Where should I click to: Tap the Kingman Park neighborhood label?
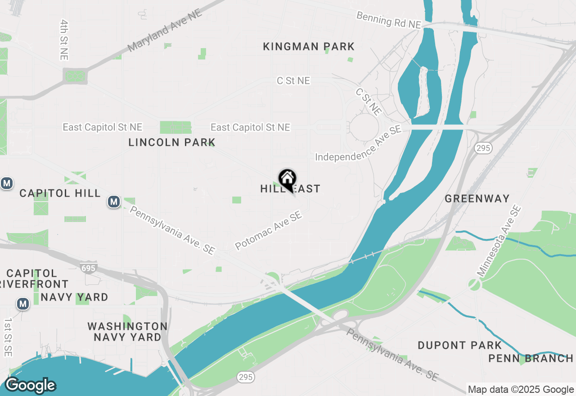tap(309, 46)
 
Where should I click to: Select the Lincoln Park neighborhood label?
tap(172, 143)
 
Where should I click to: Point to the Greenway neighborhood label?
tap(477, 198)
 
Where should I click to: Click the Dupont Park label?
tap(459, 346)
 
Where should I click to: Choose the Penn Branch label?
tap(531, 359)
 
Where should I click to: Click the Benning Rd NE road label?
tap(388, 21)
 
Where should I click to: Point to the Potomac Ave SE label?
tap(268, 231)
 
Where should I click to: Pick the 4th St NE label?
tap(63, 40)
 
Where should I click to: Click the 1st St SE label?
tap(8, 337)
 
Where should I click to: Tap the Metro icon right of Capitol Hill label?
tap(114, 202)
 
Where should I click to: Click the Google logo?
tap(30, 385)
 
